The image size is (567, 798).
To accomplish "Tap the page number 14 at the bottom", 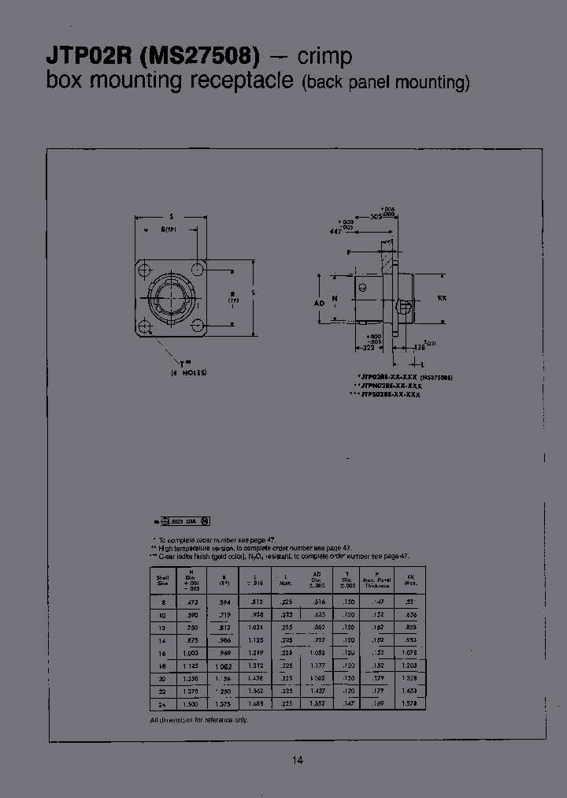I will coord(297,760).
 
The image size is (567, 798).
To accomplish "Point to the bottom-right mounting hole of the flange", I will coord(200,327).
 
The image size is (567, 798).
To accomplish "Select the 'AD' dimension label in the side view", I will coord(319,301).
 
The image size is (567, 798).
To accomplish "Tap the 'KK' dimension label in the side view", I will coord(442,299).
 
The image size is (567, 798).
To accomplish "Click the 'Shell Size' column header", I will coord(162,581).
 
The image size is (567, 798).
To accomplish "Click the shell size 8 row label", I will coord(162,601).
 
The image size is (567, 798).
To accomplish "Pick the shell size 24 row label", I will coord(162,704).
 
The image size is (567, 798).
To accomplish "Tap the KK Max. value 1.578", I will coord(409,704).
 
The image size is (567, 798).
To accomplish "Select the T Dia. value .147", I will coord(346,704).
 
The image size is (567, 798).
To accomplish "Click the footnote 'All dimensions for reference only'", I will coord(198,721).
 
